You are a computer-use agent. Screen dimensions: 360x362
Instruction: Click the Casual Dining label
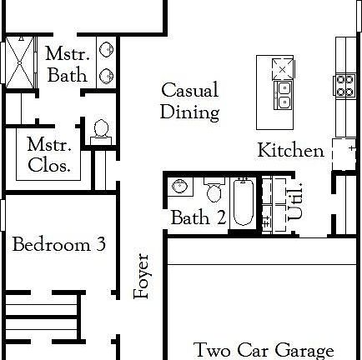tap(189, 101)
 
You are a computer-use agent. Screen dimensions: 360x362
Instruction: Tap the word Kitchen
tap(290, 151)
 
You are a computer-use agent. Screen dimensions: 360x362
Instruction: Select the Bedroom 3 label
tap(58, 245)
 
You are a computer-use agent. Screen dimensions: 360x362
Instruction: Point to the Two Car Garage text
tap(264, 350)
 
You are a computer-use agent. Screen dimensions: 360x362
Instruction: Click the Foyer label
tap(142, 277)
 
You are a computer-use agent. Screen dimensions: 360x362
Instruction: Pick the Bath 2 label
tap(199, 218)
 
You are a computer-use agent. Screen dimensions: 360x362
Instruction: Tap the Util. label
tap(294, 202)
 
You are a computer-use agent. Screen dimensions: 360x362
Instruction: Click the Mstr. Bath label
tap(67, 64)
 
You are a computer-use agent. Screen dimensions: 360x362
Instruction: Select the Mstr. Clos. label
tap(48, 154)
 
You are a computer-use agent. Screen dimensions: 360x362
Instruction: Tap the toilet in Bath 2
tap(213, 192)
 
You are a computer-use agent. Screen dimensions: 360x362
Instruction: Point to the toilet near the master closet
tap(102, 130)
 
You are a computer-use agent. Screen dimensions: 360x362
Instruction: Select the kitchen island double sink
tap(284, 96)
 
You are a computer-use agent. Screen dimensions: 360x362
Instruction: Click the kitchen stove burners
tap(344, 83)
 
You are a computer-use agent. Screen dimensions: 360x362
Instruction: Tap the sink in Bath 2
tap(178, 186)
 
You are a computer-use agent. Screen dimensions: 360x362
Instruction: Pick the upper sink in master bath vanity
tap(107, 50)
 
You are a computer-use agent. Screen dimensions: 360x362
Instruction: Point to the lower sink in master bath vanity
tap(107, 75)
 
